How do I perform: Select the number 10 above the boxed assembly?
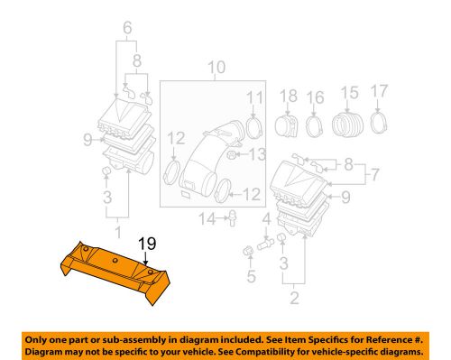point(215,67)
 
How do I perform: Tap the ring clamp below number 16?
point(316,124)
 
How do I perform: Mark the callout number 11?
point(255,97)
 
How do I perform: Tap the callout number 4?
point(265,218)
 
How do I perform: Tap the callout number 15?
point(348,92)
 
